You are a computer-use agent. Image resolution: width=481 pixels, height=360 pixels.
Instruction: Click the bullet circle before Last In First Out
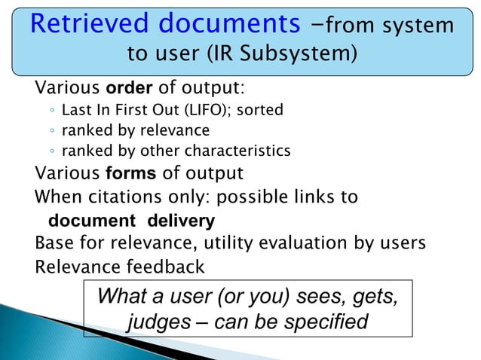(51, 111)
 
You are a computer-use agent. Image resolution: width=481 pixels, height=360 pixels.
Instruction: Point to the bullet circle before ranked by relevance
(51, 130)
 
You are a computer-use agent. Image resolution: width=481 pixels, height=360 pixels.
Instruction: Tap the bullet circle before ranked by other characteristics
(51, 150)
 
